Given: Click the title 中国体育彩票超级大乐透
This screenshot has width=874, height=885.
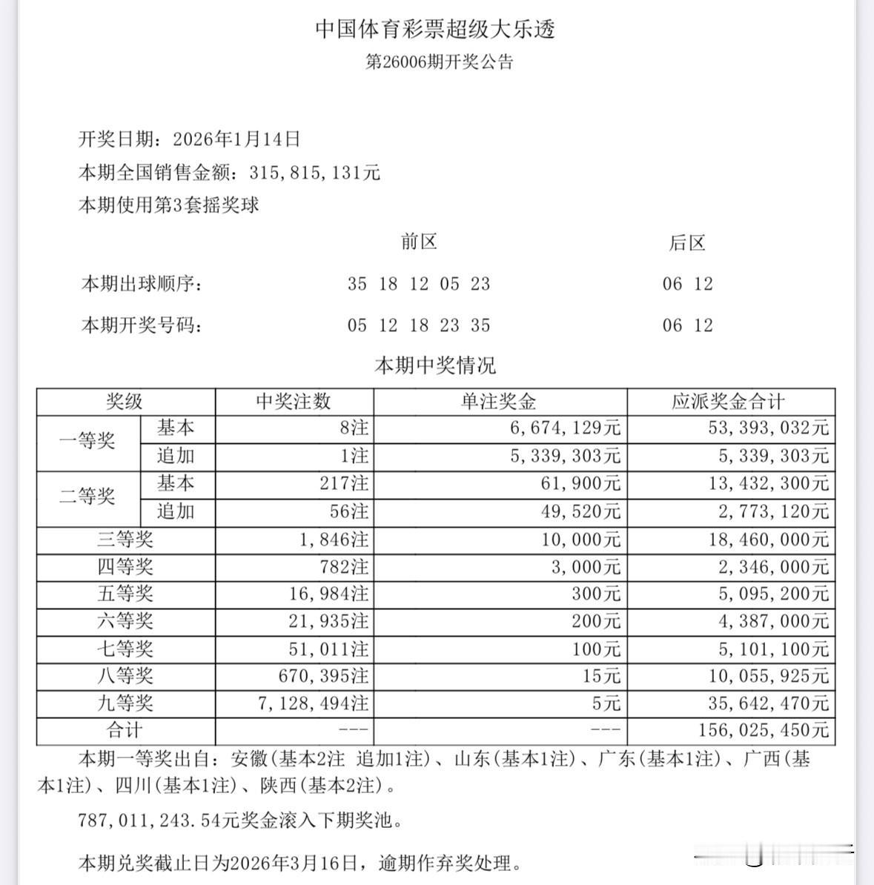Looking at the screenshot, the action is tap(436, 30).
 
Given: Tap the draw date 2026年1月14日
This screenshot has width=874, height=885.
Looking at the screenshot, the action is tap(236, 139).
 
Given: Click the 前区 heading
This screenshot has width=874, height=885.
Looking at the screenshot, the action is tap(419, 242).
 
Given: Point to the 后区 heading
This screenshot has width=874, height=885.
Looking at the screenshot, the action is tap(687, 243).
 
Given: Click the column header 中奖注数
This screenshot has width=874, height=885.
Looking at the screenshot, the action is tap(294, 402).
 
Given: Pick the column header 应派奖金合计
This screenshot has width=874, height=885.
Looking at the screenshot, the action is tap(728, 402).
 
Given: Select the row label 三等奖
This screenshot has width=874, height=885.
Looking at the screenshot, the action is tap(125, 540).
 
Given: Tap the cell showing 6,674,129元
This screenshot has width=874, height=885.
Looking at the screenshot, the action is tap(566, 428).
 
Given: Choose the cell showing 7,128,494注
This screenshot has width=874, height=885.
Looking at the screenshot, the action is tap(314, 703).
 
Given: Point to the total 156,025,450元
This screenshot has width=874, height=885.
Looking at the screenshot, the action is tap(763, 731).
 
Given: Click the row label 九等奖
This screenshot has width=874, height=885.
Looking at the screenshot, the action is tap(125, 703).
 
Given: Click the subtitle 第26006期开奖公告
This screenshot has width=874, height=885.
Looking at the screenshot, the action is tap(440, 62).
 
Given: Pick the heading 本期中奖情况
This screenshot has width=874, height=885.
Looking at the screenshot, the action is tap(435, 365).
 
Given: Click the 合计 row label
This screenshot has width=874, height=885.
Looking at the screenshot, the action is tap(125, 731).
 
